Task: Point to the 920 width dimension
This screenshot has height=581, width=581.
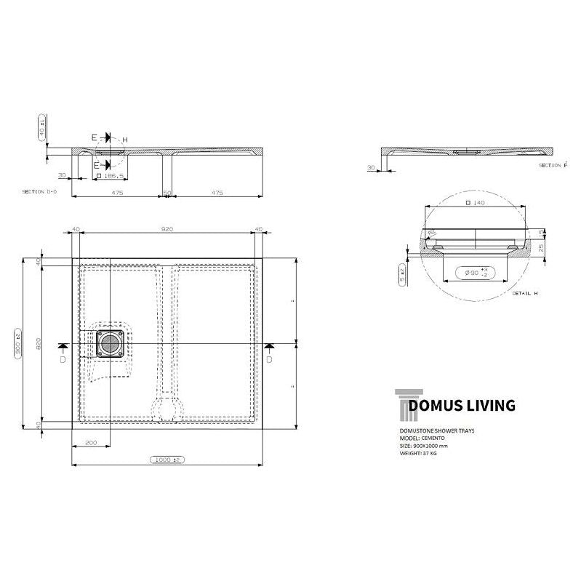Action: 167,230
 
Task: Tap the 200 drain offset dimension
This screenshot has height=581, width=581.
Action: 90,443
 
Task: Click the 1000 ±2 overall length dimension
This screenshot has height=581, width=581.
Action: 167,460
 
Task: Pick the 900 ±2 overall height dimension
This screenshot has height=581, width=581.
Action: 17,342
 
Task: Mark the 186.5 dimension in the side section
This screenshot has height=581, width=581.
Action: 113,176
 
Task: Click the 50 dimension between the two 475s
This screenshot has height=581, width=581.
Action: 167,193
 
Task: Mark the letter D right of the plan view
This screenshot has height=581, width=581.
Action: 270,359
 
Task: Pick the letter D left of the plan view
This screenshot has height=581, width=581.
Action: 63,359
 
